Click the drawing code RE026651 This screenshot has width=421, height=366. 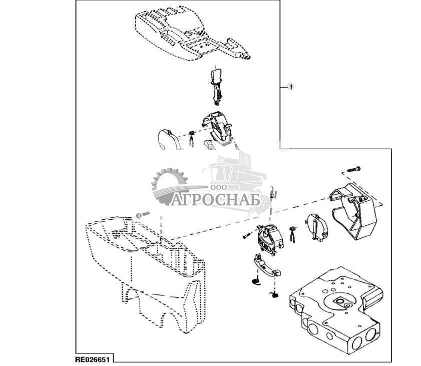[93, 359]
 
